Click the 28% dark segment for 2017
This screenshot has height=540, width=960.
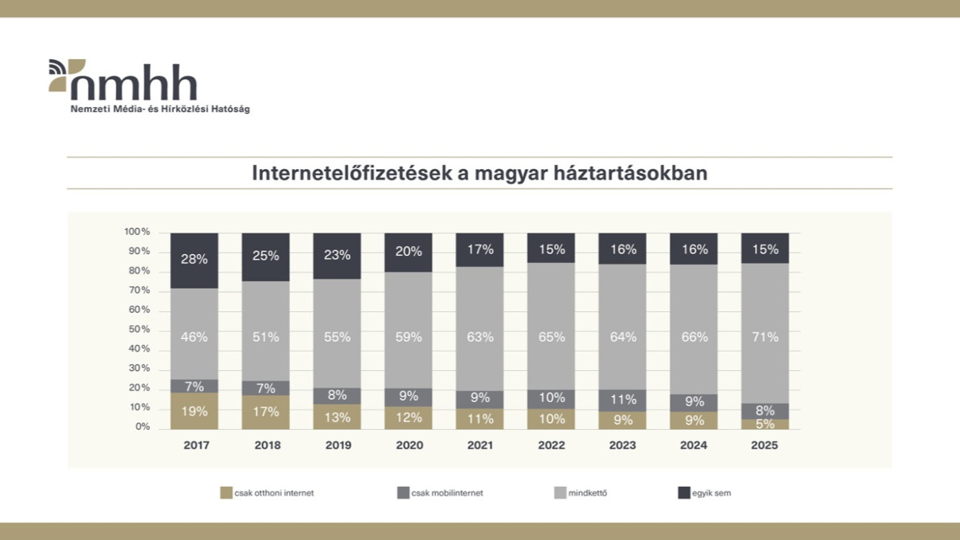point(194,260)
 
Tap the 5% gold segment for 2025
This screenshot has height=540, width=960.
point(764,424)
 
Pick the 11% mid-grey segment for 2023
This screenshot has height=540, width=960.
point(622,400)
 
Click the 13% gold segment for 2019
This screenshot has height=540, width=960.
point(337,417)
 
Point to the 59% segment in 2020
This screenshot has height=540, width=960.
point(408,337)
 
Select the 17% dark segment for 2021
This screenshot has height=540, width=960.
point(479,250)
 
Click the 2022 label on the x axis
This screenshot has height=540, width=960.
point(551,445)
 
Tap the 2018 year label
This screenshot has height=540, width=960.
point(267,445)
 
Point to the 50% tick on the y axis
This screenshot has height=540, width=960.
point(138,329)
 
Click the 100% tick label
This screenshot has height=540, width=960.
point(137,232)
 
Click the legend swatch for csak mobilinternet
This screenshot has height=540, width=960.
point(403,493)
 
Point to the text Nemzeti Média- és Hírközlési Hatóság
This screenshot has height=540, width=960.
point(160,109)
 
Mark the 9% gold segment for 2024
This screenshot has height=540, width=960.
point(693,421)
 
